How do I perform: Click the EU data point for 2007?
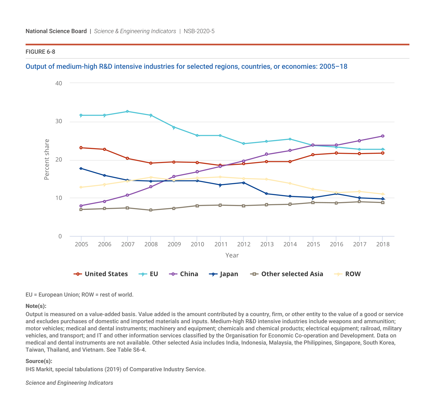tap(127, 112)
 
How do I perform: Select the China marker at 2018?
tap(383, 136)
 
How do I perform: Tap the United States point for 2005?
tap(81, 148)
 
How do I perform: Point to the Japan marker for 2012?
tap(243, 183)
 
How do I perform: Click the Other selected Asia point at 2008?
tap(151, 210)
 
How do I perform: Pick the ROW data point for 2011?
tap(220, 177)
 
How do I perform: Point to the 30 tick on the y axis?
tap(59, 121)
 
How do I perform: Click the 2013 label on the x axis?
tap(267, 244)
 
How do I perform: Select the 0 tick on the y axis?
tap(60, 236)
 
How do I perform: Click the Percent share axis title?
tap(47, 159)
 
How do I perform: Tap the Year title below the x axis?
tap(232, 255)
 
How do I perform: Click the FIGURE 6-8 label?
tap(40, 52)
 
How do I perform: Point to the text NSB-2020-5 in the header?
tap(199, 31)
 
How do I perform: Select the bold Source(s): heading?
tap(39, 361)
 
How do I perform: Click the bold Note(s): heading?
tap(36, 306)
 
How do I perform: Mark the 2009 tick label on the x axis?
tap(174, 244)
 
